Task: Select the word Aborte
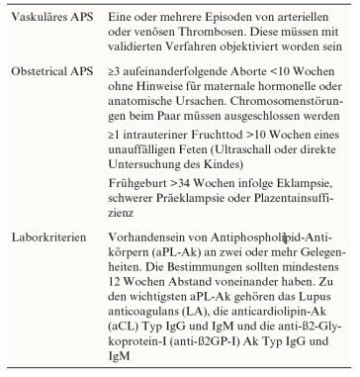254,74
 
